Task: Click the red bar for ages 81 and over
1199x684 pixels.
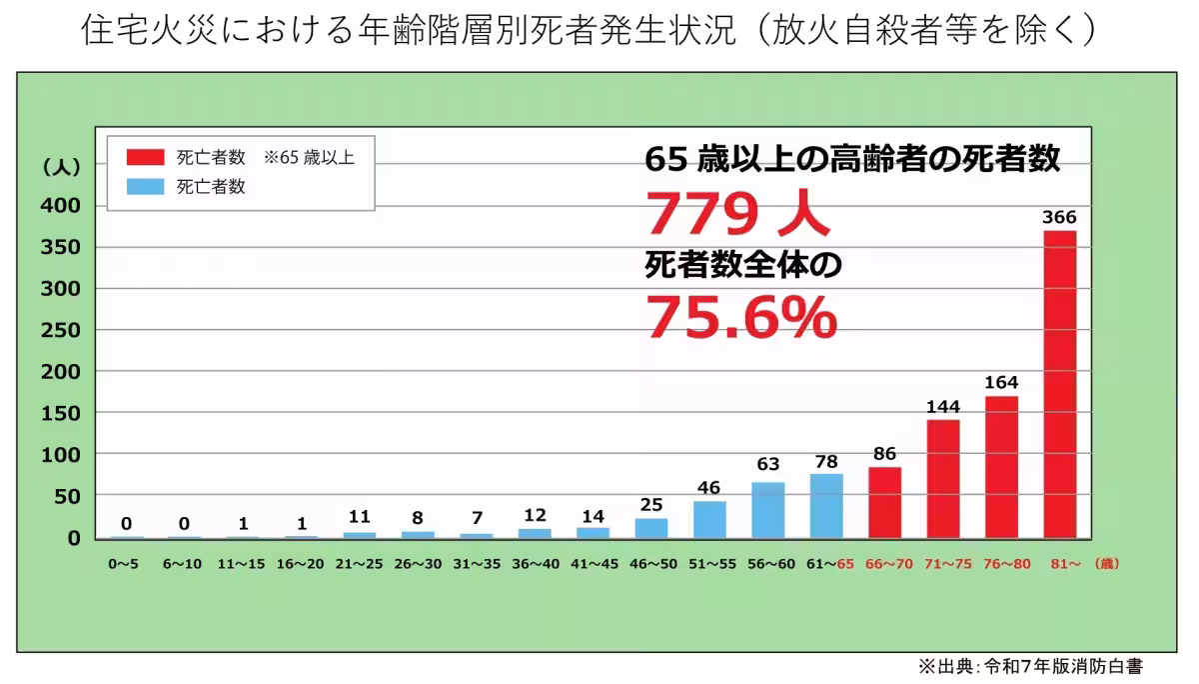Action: [1060, 384]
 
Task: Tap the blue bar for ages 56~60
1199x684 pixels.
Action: [767, 510]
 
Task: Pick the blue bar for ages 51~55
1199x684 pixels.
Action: [709, 519]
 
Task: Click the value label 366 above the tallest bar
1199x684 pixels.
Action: [1060, 217]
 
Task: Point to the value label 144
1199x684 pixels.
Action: [943, 406]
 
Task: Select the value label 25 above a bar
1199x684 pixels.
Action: [651, 504]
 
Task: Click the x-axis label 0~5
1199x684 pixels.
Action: [125, 564]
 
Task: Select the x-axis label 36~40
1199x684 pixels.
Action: [534, 564]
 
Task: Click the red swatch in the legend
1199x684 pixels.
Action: [145, 157]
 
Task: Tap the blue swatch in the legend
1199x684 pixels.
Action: [145, 186]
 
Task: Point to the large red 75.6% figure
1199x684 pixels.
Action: [740, 317]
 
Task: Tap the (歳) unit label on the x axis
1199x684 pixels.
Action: [1106, 564]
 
